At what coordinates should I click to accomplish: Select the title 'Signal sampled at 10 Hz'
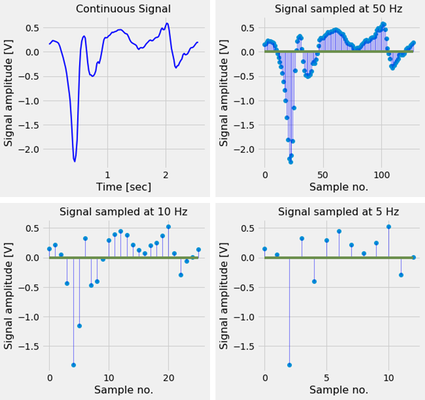pos(123,212)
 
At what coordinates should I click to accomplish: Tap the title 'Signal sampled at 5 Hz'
pos(339,212)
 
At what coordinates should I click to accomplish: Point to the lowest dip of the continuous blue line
pos(74,161)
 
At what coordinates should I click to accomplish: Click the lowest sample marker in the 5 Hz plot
pos(289,365)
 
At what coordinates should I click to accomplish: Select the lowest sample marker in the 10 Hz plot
pos(73,365)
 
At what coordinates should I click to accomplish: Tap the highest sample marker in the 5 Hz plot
pos(389,226)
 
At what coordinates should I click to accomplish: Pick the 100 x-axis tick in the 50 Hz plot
pos(381,174)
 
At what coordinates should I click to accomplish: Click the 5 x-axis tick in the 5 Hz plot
pos(327,378)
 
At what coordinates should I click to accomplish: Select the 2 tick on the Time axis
pos(166,174)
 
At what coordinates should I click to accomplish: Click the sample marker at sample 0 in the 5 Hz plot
pos(265,249)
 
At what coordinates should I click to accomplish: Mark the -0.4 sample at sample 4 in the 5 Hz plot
pos(314,281)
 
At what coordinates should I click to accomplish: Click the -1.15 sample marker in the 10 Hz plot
pos(79,326)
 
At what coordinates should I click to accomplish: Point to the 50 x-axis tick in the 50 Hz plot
pos(323,174)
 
